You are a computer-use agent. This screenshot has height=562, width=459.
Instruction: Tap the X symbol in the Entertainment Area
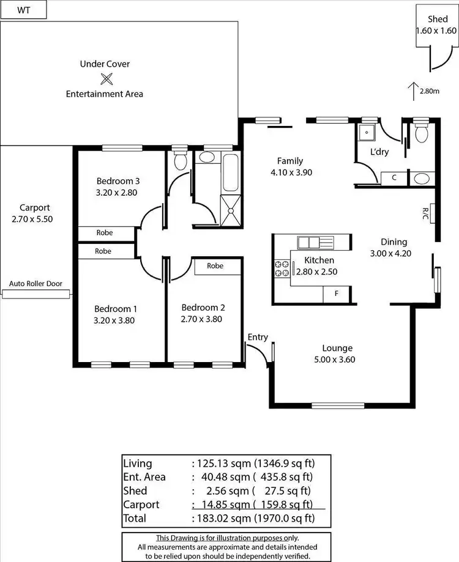coord(106,78)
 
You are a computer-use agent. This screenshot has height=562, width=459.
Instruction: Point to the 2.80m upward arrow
coord(414,91)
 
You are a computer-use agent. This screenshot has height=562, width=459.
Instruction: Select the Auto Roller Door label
coord(35,284)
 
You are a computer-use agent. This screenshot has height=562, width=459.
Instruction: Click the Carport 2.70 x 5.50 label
coord(35,213)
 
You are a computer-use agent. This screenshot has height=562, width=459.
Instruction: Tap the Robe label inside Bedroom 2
coord(215,266)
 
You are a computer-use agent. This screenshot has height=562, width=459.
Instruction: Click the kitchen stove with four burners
coord(282,268)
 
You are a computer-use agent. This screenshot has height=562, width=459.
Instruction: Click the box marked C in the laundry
coord(395,178)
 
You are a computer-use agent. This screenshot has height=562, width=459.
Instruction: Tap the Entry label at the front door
coord(258,337)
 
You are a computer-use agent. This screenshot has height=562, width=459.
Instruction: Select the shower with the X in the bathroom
coord(231,211)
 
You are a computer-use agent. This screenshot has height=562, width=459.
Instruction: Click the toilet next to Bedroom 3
coord(180,161)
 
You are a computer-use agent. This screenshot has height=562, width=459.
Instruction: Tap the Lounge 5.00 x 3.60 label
coord(333,354)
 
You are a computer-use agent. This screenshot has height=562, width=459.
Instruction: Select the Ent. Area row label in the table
coord(144,477)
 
